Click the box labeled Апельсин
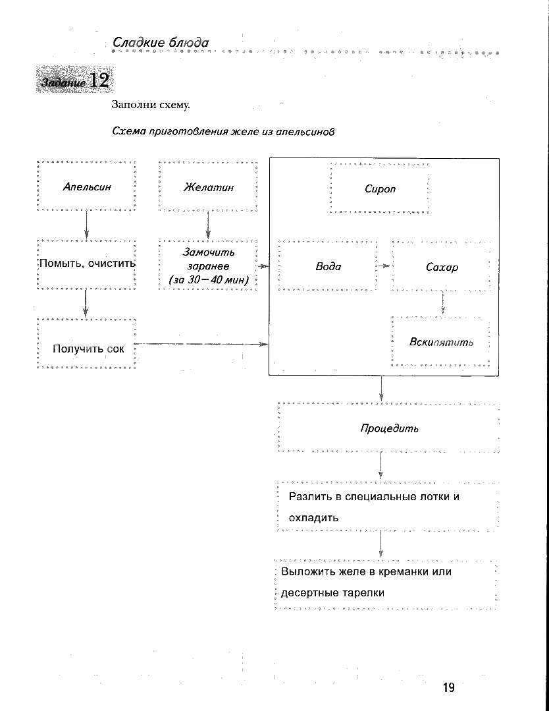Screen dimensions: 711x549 87,187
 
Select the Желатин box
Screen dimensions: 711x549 208,187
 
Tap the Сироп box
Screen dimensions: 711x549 380,189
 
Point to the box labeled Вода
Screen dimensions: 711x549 328,267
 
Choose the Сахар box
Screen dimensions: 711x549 442,268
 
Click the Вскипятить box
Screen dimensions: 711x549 441,342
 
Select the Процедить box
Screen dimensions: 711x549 389,428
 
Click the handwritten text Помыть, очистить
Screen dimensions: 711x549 88,264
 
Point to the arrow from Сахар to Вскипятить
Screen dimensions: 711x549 443,302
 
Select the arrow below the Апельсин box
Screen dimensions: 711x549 86,225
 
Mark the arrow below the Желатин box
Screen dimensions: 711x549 208,225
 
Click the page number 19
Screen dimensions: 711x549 448,688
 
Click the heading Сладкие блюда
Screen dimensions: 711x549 161,43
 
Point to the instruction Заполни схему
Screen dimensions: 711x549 151,105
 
